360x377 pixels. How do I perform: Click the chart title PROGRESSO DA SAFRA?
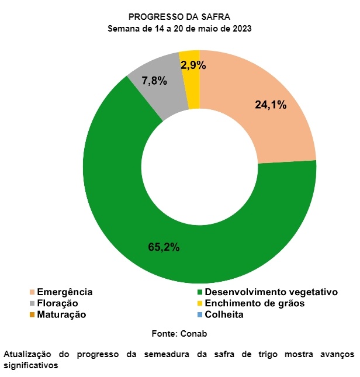pyautogui.click(x=180, y=17)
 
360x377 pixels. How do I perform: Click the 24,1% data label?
pyautogui.click(x=271, y=105)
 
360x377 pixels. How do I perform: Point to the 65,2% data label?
pyautogui.click(x=164, y=247)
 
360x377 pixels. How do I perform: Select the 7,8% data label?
pyautogui.click(x=155, y=81)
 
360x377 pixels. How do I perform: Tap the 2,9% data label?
pyautogui.click(x=193, y=65)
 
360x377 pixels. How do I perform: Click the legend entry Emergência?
pyautogui.click(x=64, y=292)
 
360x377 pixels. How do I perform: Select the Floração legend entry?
pyautogui.click(x=57, y=303)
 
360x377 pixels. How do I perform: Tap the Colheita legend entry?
pyautogui.click(x=224, y=314)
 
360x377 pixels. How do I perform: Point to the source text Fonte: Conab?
pyautogui.click(x=180, y=333)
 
